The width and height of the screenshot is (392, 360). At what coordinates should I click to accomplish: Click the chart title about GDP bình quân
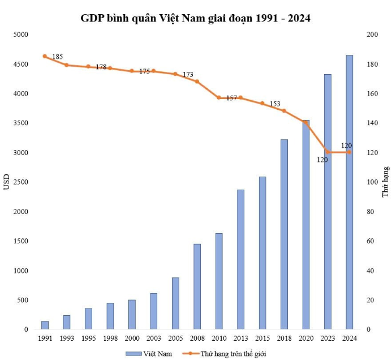(x=196, y=18)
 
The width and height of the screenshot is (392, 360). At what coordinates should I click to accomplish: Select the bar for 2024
(x=350, y=192)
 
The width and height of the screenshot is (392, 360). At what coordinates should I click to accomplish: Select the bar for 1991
(x=45, y=325)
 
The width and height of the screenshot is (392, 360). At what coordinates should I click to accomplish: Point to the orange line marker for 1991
(x=45, y=56)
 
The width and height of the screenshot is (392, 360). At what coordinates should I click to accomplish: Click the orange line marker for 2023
(x=328, y=152)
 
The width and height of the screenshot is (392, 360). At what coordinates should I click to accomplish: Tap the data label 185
(x=57, y=57)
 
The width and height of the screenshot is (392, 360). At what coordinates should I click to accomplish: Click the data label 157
(x=231, y=98)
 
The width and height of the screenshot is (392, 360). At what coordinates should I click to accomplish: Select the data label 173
(x=188, y=74)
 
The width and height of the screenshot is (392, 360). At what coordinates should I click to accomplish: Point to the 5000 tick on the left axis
(x=20, y=35)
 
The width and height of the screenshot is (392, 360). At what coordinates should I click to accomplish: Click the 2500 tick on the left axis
(x=20, y=182)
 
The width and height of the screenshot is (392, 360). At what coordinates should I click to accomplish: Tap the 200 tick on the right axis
(x=372, y=35)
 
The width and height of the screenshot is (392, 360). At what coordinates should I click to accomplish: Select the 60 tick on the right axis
(x=370, y=241)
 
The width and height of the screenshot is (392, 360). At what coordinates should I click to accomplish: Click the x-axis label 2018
(x=284, y=338)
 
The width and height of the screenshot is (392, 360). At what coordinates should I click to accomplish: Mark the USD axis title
(x=7, y=182)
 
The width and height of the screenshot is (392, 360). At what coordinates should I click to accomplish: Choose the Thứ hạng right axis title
(x=385, y=182)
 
